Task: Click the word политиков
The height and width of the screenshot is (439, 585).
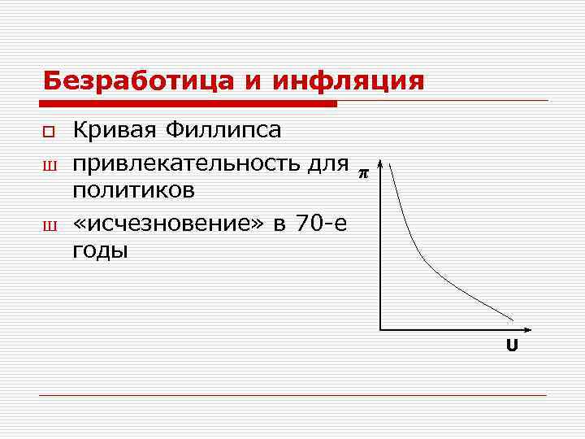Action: [x=134, y=190]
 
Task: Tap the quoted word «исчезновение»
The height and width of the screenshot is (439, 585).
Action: [x=168, y=221]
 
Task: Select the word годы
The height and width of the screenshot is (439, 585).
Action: [x=101, y=250]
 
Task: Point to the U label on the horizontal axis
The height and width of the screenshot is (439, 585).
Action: [x=511, y=346]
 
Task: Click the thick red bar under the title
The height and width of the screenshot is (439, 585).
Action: [x=188, y=104]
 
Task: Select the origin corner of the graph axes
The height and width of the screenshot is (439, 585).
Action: [x=380, y=330]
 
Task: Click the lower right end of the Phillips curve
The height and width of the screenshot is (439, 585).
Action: [x=512, y=318]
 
